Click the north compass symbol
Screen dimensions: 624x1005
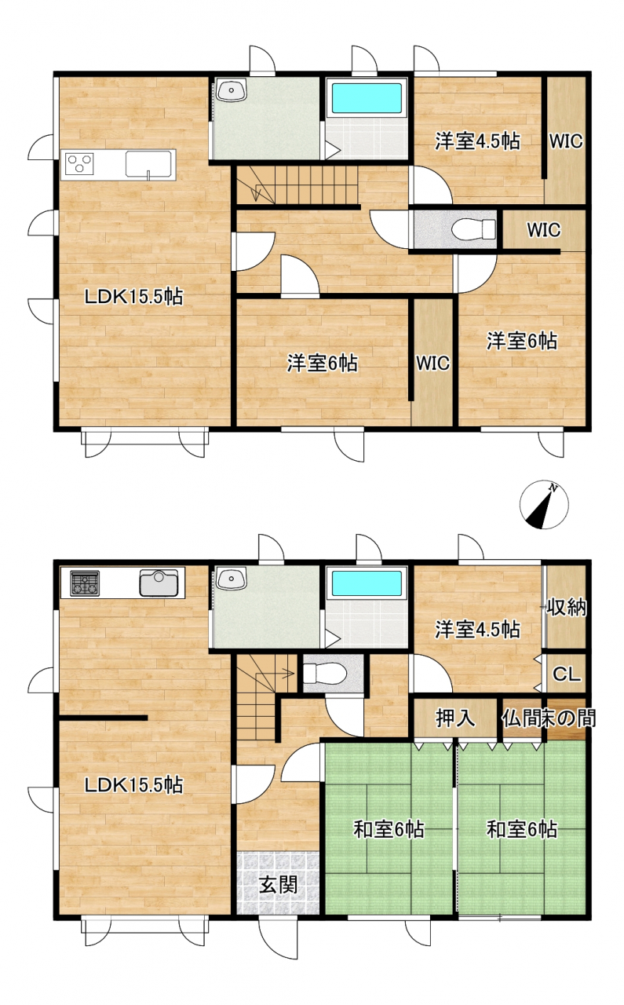(x=544, y=504)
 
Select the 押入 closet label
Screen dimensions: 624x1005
(x=455, y=718)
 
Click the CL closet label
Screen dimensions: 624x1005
(x=567, y=674)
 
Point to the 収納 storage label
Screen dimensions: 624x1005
(x=566, y=608)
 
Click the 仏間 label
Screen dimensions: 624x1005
(x=521, y=718)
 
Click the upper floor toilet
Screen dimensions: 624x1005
(x=473, y=230)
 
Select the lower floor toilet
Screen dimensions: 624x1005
(x=324, y=673)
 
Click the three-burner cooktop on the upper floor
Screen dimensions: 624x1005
(x=80, y=163)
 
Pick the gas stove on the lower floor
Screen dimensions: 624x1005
(x=84, y=583)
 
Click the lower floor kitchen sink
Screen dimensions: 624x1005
(x=159, y=583)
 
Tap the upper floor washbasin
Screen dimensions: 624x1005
(x=231, y=90)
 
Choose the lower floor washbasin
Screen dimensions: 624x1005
(x=231, y=578)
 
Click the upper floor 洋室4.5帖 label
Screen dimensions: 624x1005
(x=477, y=141)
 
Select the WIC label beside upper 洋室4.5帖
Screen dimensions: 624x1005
(x=566, y=141)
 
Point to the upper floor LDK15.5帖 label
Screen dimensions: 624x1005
(x=133, y=297)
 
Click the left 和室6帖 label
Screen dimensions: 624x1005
(x=389, y=830)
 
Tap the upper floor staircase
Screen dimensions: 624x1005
(x=297, y=185)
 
